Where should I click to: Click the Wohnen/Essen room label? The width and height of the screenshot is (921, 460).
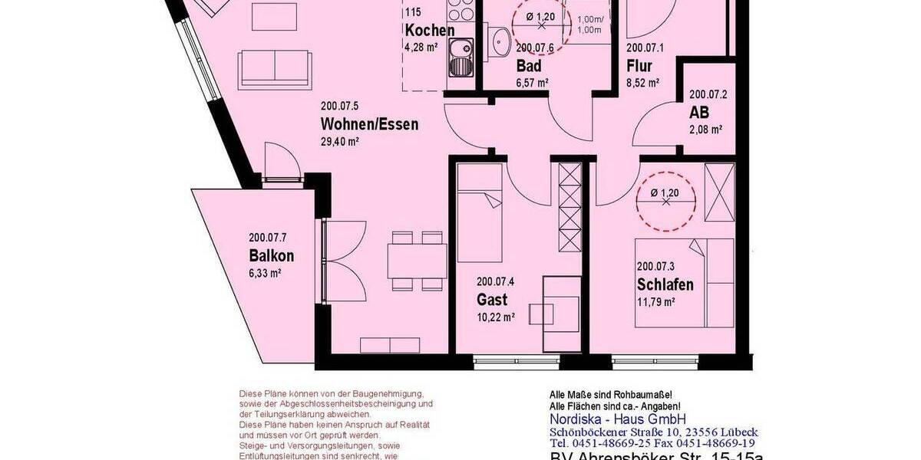pos(369,124)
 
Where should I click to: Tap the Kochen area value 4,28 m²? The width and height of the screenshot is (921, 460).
pos(421,47)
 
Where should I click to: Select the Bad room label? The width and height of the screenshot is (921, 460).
pos(529,67)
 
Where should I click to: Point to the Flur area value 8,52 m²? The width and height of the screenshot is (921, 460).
pos(642,83)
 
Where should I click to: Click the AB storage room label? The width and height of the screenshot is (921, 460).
pos(699,112)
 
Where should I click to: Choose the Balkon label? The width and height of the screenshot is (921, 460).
pos(271,256)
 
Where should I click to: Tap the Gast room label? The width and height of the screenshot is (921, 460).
pos(491,299)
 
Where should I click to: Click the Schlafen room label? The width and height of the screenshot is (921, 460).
pos(665,284)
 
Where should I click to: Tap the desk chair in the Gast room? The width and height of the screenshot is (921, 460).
pos(542,314)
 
